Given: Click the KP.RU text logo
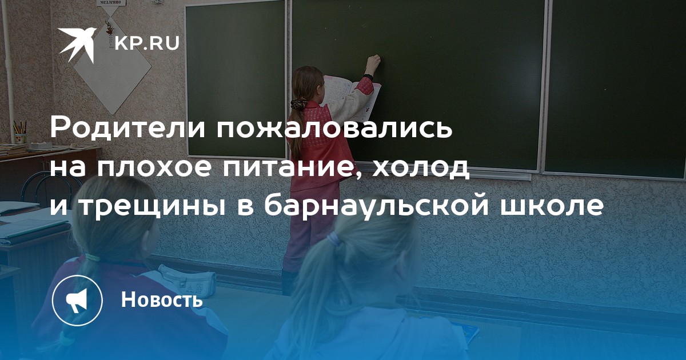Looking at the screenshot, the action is [147, 43].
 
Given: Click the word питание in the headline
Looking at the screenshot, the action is [287, 169].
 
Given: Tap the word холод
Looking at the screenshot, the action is [421, 168].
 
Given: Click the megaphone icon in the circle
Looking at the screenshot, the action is [77, 300].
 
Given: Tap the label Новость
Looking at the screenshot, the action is [162, 299].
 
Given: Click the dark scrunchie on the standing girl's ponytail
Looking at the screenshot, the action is [298, 103].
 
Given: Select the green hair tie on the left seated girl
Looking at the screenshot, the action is [92, 257].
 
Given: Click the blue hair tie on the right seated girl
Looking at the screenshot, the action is [334, 239].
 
